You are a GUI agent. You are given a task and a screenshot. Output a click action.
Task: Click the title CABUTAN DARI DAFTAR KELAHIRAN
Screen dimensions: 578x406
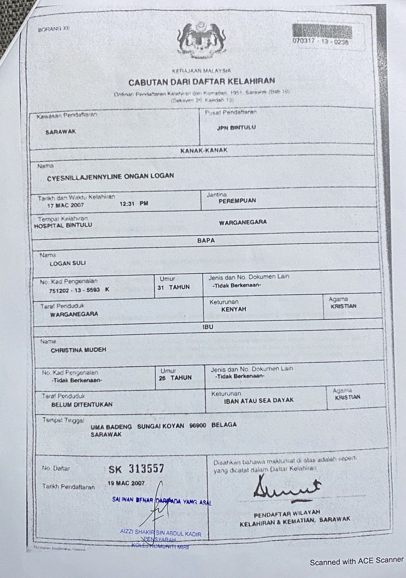click(x=202, y=82)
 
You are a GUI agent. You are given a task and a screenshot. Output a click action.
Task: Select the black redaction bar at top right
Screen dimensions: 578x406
click(x=322, y=31)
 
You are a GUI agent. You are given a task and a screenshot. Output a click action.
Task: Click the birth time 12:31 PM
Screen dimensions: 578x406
click(x=134, y=204)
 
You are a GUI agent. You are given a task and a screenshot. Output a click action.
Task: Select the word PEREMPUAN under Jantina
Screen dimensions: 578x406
click(x=237, y=200)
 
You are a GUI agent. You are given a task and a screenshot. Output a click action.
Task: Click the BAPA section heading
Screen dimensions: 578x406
click(x=206, y=241)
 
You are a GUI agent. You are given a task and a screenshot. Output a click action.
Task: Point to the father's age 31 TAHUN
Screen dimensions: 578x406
click(x=174, y=287)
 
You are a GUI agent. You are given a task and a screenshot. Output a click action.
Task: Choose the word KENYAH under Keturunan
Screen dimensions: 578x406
click(x=233, y=309)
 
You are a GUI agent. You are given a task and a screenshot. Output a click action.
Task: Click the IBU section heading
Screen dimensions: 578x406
click(x=208, y=326)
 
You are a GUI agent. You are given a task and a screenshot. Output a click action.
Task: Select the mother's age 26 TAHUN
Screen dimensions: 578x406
click(x=175, y=378)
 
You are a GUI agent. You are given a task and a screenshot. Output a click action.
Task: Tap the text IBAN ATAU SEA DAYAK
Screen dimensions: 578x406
click(x=259, y=400)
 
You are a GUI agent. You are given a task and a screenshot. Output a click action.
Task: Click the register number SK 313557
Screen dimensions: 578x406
click(x=136, y=469)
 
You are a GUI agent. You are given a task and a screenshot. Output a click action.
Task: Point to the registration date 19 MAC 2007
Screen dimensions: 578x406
click(x=126, y=483)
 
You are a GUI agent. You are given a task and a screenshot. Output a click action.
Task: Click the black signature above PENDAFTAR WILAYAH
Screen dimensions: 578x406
click(x=285, y=489)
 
